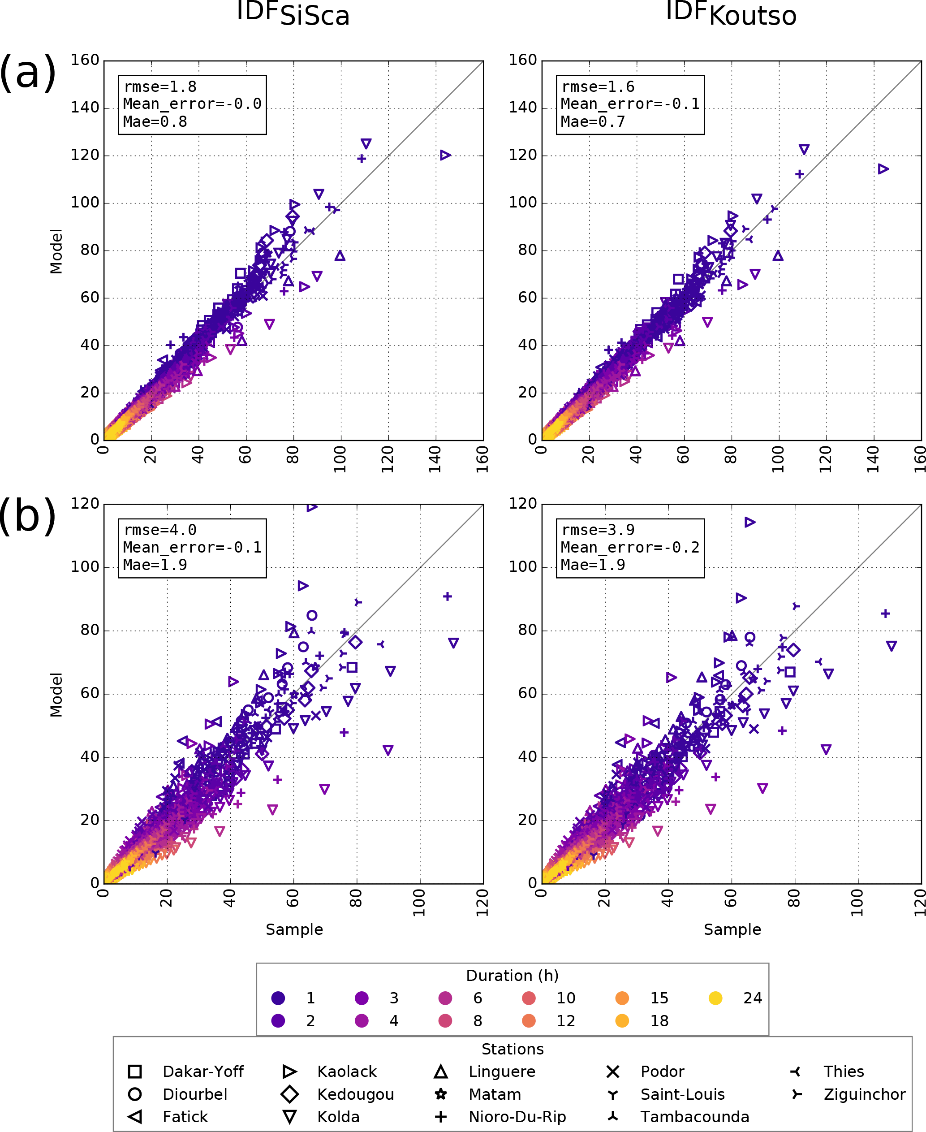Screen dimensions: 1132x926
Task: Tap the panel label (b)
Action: click(x=28, y=515)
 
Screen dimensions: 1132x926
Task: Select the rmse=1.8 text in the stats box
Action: click(x=160, y=86)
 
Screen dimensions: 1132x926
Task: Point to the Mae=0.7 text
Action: click(x=593, y=121)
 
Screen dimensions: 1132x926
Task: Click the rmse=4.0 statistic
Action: click(x=160, y=530)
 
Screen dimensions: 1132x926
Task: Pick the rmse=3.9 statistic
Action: click(x=598, y=530)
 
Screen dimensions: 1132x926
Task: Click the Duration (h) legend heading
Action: click(x=512, y=976)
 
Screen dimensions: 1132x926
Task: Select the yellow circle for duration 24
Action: click(x=715, y=998)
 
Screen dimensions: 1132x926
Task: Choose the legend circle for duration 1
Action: click(x=278, y=998)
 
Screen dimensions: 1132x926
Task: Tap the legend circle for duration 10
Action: click(x=529, y=998)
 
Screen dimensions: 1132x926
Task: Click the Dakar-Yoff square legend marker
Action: click(x=135, y=1072)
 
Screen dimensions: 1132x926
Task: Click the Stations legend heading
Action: click(x=512, y=1049)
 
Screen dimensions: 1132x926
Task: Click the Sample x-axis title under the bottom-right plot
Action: click(x=732, y=929)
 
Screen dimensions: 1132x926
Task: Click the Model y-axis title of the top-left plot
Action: click(x=56, y=251)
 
